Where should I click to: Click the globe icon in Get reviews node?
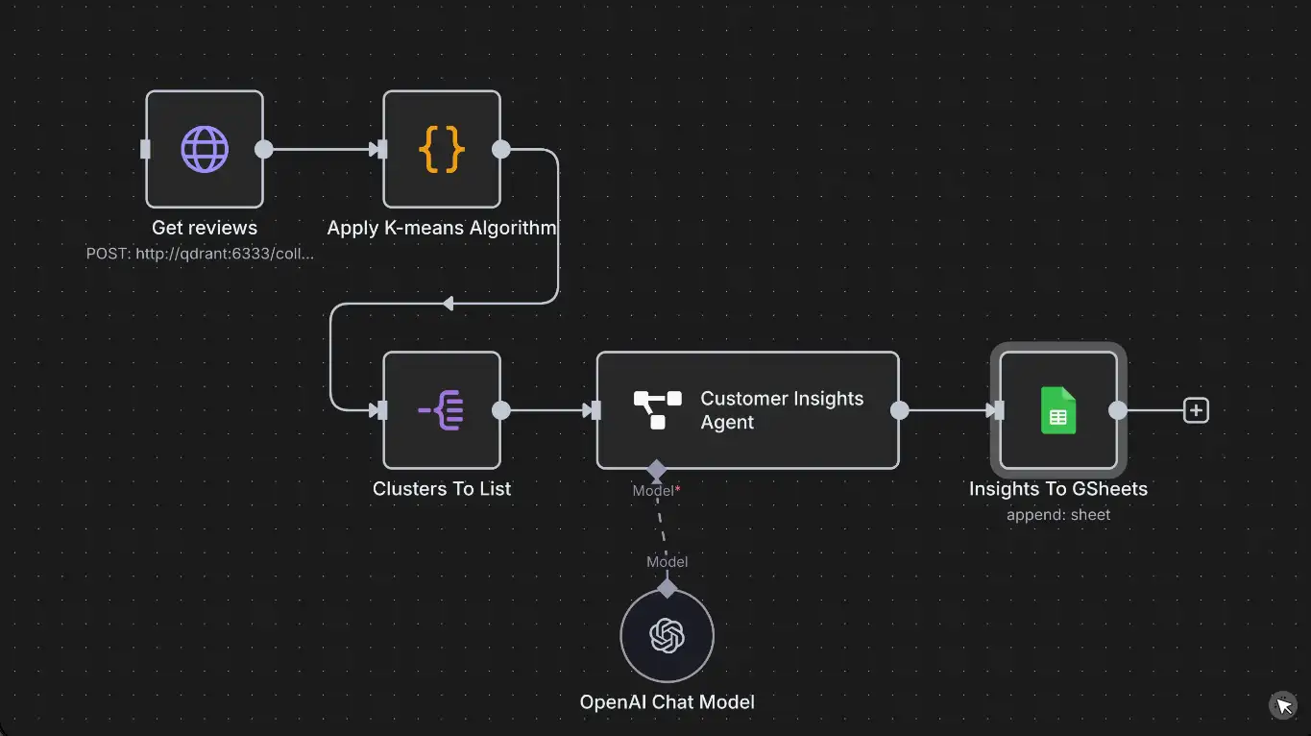(205, 149)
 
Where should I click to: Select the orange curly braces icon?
(442, 149)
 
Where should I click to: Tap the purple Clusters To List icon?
(442, 410)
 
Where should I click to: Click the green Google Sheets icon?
(1058, 410)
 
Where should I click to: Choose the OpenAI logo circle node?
(667, 635)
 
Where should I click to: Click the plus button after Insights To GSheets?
(1196, 410)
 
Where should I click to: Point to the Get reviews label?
(205, 228)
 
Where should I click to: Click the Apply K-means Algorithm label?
(442, 228)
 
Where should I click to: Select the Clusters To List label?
(442, 488)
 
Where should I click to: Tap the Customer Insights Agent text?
(782, 410)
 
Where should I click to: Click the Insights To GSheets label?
(1058, 488)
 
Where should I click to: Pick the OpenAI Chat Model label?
(667, 701)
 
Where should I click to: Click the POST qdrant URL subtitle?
(200, 254)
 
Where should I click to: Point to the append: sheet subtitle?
(1058, 515)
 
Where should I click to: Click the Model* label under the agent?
(656, 491)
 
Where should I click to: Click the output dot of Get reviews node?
(263, 149)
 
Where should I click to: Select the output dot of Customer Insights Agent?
(899, 410)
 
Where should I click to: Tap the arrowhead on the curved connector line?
(448, 304)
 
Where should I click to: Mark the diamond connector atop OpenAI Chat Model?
(667, 588)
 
